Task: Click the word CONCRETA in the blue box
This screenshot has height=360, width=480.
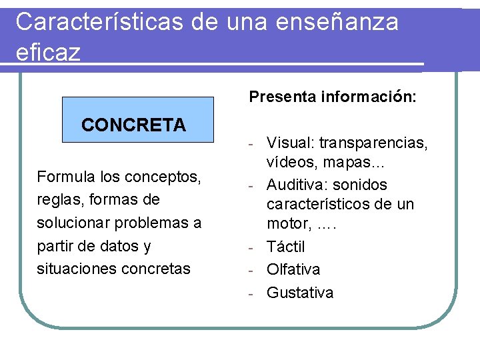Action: (133, 125)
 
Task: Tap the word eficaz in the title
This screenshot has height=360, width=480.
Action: (47, 53)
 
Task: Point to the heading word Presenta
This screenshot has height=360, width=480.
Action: (283, 97)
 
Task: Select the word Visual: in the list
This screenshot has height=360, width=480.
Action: (290, 143)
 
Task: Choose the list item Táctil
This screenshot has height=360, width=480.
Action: (285, 247)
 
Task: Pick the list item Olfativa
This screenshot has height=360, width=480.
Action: (293, 269)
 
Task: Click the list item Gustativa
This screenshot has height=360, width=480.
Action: (300, 293)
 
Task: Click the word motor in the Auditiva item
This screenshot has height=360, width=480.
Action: (287, 225)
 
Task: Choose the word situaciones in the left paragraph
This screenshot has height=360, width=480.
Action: (77, 269)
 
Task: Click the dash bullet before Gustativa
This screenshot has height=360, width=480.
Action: (253, 293)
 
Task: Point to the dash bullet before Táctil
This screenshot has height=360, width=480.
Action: (253, 247)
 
